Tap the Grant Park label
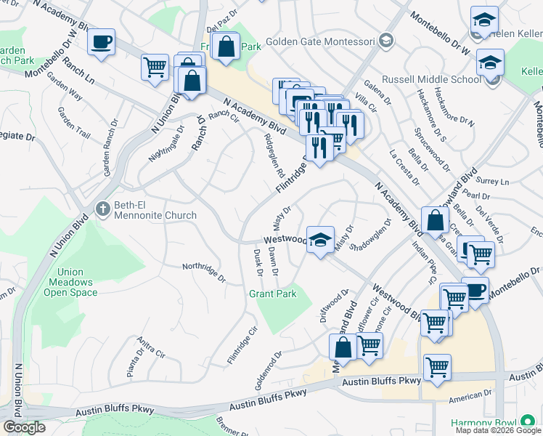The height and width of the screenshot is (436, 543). click(273, 294)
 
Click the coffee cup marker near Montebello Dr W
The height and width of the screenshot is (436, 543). click(102, 41)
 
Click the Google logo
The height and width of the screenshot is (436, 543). click(24, 427)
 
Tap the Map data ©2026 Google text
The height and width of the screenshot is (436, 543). click(498, 430)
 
